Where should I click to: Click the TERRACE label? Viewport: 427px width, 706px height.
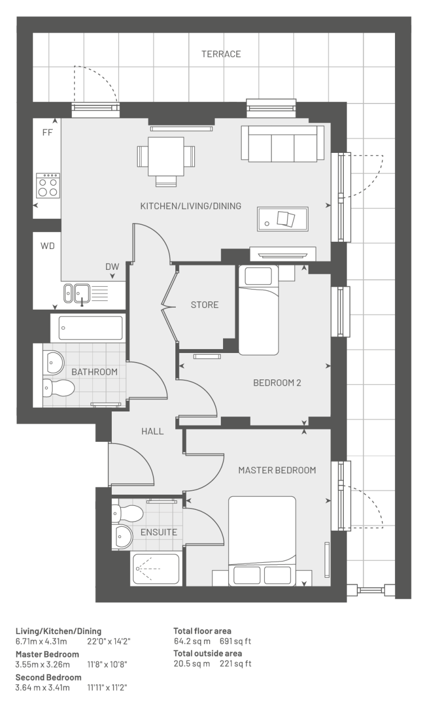pos(221,54)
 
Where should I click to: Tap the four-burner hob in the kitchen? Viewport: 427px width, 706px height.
pos(48,185)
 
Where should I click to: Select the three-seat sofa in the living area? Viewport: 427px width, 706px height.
pos(283,144)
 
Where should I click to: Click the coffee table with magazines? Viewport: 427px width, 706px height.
pos(283,219)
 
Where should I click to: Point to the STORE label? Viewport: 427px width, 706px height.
pos(205,305)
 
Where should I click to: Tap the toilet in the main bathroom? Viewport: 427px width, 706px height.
pos(58,387)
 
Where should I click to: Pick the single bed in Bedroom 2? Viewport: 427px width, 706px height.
pos(258,310)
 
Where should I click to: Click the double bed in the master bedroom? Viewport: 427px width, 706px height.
pos(262,541)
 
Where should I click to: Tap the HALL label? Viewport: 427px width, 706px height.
pos(152,432)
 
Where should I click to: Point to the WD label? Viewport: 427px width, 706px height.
pos(48,246)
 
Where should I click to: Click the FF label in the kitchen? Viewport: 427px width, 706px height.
pos(48,133)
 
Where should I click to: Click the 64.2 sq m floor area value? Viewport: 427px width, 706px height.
pos(192,641)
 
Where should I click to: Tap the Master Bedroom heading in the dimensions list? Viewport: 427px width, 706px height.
pos(47,654)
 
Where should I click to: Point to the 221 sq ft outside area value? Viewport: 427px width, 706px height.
pos(235,663)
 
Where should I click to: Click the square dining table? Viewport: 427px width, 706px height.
pos(166,156)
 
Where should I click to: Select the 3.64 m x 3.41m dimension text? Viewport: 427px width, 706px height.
pos(43,687)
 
